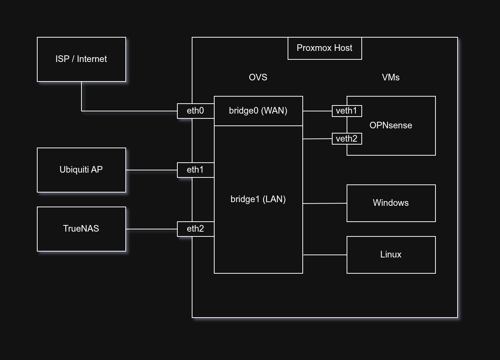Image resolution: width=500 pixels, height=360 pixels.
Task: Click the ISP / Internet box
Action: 81,59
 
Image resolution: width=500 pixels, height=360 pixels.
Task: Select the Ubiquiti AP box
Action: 81,170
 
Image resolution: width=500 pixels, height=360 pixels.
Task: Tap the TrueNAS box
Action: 81,229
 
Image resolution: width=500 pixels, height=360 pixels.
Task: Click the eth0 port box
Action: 195,111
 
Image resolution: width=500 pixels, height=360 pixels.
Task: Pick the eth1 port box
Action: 195,170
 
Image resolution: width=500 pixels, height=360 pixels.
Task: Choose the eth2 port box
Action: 195,229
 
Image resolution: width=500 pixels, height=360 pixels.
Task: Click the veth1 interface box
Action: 347,111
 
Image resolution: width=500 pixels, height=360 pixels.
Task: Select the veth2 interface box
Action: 347,139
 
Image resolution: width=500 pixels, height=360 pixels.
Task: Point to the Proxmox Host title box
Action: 324,48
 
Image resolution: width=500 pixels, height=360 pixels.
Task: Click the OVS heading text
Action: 258,77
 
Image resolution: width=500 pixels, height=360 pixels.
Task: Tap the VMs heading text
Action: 390,77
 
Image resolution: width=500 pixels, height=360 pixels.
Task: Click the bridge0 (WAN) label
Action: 258,111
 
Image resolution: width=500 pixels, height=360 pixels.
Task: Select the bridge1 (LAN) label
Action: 258,199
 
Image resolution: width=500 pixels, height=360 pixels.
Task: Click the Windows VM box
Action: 391,203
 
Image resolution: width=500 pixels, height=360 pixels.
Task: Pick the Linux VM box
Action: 391,255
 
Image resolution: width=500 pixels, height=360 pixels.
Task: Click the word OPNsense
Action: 390,125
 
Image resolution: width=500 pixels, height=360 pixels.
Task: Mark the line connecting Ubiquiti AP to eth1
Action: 151,170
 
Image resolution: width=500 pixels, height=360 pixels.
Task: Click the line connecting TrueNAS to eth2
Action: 151,229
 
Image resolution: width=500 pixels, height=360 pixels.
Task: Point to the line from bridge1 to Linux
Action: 324,255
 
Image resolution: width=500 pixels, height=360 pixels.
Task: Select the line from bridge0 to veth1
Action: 317,111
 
